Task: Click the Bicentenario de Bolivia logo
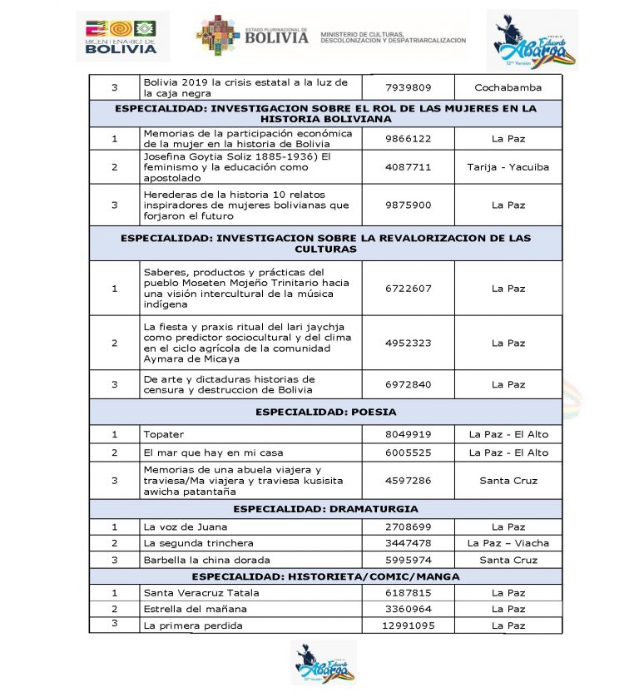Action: (121, 36)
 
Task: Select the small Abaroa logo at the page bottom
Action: (324, 663)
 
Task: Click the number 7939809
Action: (409, 87)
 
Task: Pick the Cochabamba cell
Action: (508, 87)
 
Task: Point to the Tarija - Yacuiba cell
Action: (508, 166)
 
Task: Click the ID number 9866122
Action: (409, 139)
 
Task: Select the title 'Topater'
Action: (164, 434)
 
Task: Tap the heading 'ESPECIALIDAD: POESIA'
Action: (325, 412)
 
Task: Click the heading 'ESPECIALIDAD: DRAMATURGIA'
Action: (325, 509)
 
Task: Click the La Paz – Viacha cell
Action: (508, 543)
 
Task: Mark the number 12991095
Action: (409, 625)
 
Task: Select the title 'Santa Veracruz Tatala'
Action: (201, 593)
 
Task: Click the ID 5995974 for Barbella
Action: (409, 560)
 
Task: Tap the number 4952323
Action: (409, 343)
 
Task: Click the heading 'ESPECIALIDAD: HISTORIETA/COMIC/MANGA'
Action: (325, 576)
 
